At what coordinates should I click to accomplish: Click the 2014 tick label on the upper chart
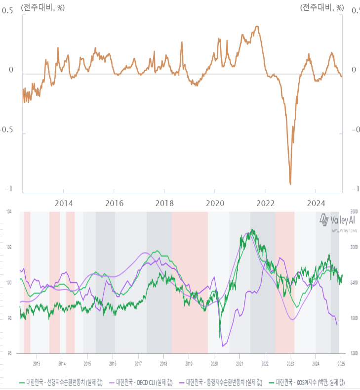coord(64,203)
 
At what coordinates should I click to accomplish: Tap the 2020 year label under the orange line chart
coord(215,203)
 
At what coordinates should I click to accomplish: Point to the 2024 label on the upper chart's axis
coord(316,203)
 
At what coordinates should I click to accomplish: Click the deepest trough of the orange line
coord(290,184)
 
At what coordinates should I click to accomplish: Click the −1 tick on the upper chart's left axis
coord(9,189)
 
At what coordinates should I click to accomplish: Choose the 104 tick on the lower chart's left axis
coord(8,212)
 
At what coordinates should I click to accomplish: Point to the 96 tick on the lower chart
coord(8,353)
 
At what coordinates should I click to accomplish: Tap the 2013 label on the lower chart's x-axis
coord(37,364)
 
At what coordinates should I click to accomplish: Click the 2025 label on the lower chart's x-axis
coord(341,364)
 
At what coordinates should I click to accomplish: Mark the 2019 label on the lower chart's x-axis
coord(189,364)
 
